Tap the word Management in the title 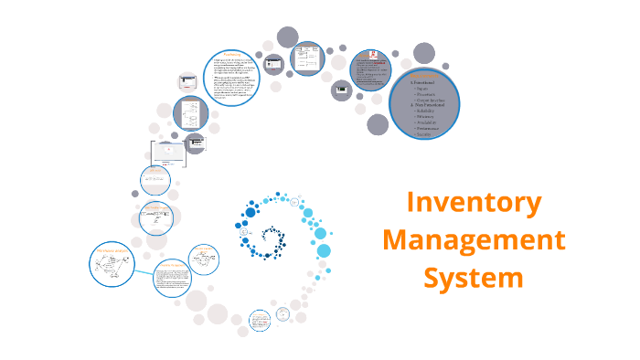(x=474, y=241)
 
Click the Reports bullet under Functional (x=425, y=89)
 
